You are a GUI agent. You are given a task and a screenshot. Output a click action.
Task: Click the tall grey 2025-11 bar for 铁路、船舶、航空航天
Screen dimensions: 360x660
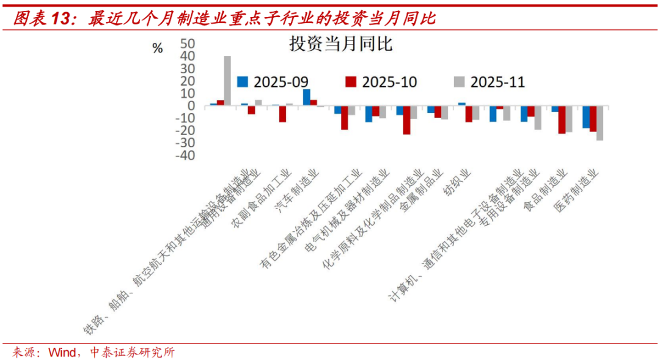coord(227,81)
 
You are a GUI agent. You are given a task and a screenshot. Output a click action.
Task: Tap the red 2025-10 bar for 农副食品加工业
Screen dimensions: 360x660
coord(282,114)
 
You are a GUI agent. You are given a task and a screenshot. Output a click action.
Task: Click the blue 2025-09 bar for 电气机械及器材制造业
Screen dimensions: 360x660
coord(369,114)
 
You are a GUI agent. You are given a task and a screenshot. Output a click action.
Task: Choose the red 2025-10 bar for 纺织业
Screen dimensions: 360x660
coord(469,114)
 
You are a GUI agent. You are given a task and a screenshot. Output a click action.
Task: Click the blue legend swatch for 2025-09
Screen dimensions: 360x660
coord(243,81)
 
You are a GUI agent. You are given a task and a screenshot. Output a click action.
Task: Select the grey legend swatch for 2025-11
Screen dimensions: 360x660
coord(460,81)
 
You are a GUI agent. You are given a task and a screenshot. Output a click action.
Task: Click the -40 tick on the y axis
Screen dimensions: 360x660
coord(185,155)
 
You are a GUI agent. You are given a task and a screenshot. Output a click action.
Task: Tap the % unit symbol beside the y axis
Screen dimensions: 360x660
coord(158,49)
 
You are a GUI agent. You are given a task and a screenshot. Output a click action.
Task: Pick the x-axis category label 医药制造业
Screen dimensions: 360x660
coord(576,191)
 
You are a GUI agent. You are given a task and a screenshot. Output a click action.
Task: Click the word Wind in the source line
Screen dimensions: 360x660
coord(62,352)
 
